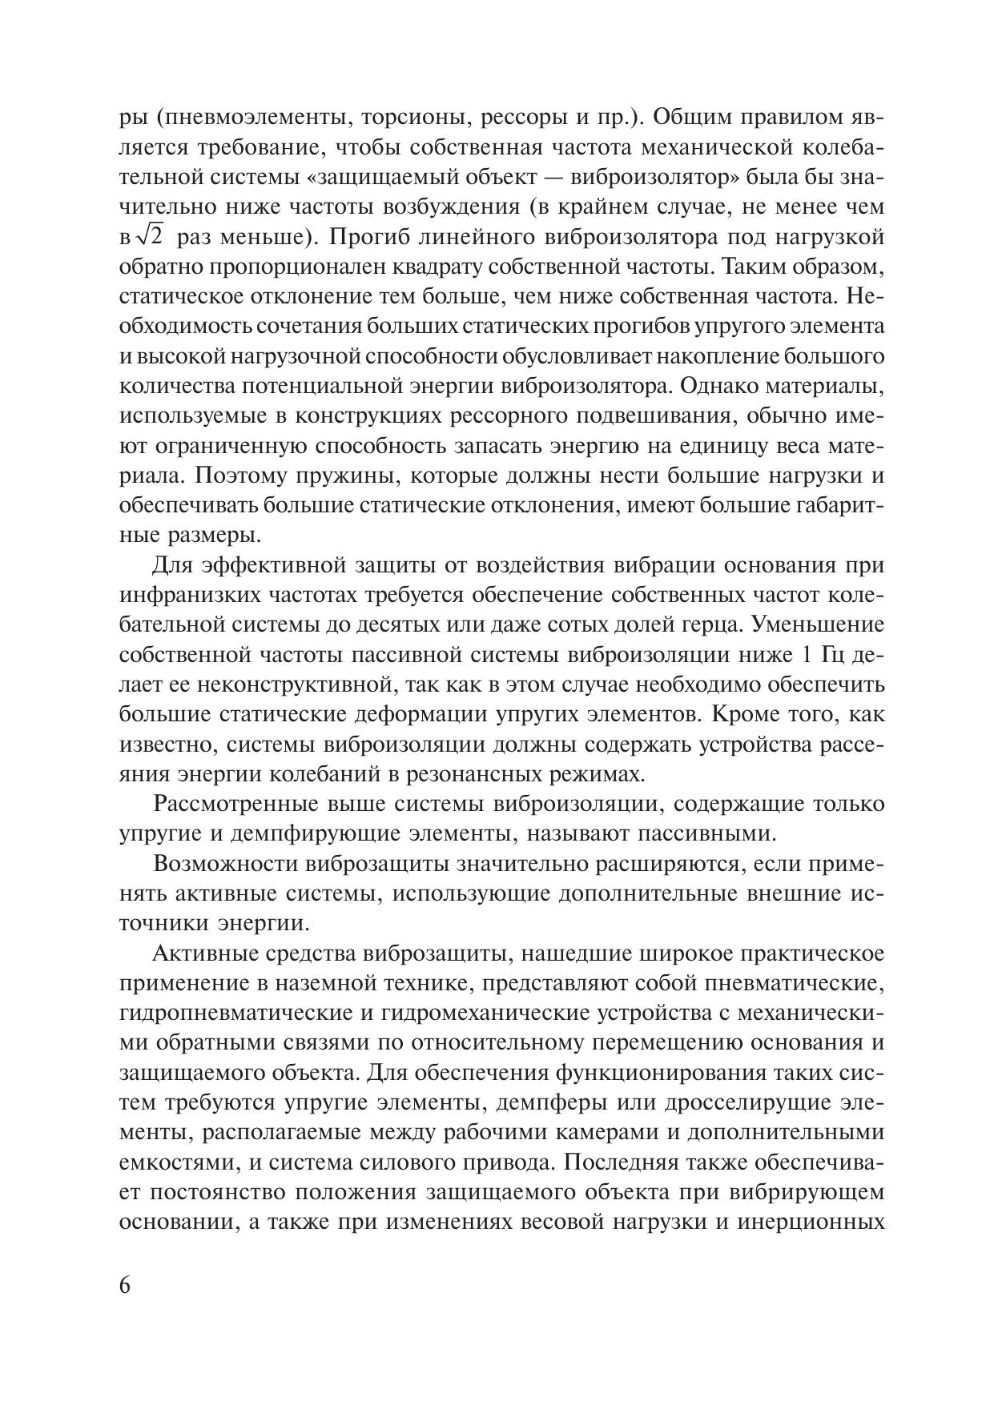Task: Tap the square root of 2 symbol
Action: pos(149,237)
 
